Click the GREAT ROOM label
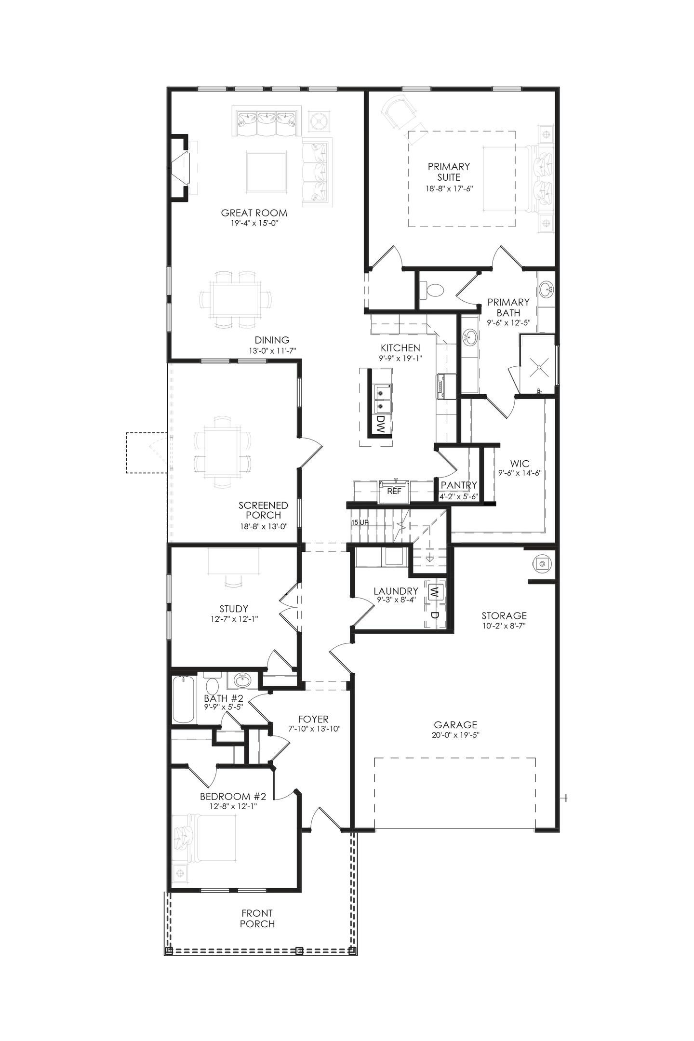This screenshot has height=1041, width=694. click(x=254, y=213)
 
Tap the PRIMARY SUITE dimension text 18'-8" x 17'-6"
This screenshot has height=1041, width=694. click(x=449, y=189)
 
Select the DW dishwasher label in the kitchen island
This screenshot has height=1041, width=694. click(x=381, y=425)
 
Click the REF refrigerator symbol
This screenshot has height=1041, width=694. click(x=394, y=492)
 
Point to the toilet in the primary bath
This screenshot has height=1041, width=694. click(x=433, y=290)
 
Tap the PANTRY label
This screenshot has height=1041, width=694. click(x=459, y=485)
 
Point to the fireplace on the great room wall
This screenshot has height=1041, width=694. click(x=180, y=167)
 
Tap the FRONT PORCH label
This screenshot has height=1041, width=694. click(x=257, y=918)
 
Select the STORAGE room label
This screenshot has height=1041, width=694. click(x=504, y=615)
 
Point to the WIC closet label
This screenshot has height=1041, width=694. click(x=520, y=464)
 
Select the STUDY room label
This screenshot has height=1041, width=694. click(x=234, y=609)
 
